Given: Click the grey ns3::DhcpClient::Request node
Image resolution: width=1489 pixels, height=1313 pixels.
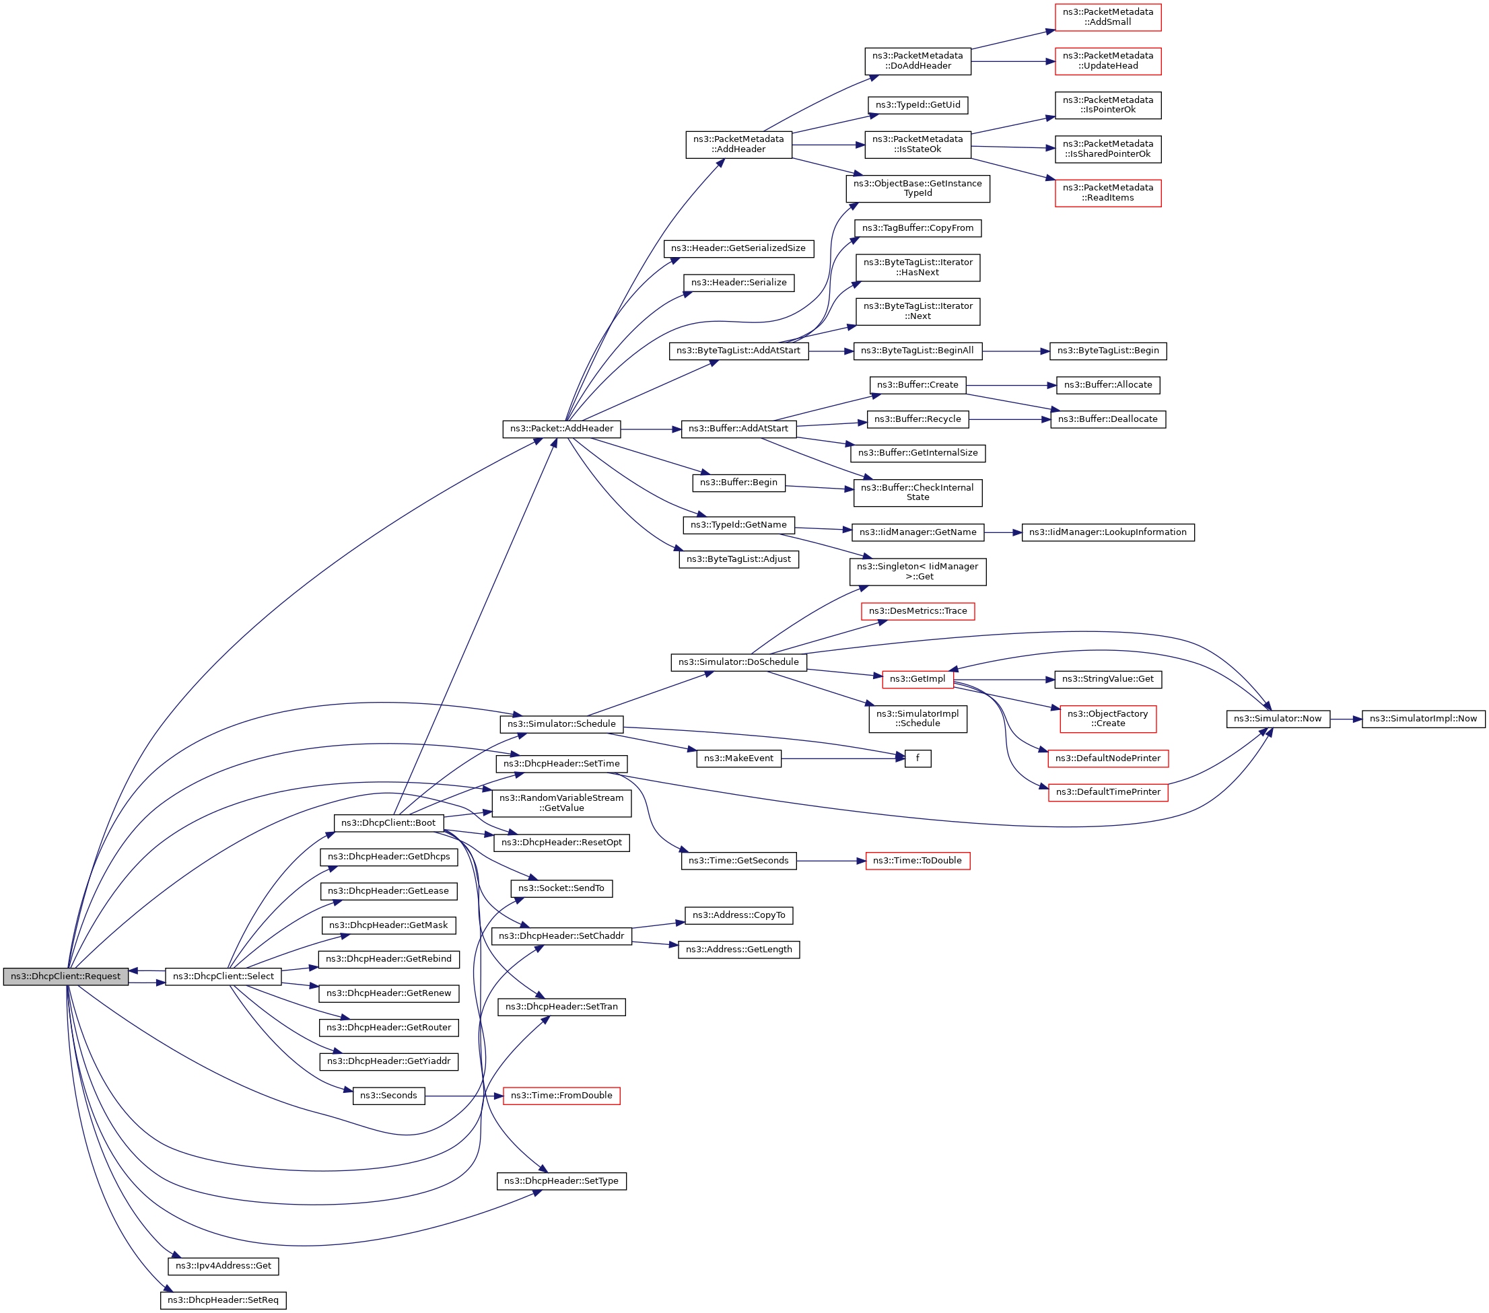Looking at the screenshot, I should [65, 977].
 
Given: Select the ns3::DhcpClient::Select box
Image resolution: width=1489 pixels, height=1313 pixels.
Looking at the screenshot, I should [223, 977].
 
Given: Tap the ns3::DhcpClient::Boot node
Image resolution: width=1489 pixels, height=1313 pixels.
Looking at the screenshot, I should [388, 823].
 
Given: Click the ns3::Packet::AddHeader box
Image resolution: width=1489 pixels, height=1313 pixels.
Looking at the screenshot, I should [561, 429].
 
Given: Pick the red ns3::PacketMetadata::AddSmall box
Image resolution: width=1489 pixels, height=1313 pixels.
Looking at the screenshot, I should [1107, 17].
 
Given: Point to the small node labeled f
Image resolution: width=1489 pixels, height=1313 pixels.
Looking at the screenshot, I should [917, 759].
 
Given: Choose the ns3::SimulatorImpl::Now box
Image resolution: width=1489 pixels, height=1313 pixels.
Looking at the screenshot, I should [1423, 719].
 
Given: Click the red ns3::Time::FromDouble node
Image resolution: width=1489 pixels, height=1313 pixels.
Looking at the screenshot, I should [561, 1096].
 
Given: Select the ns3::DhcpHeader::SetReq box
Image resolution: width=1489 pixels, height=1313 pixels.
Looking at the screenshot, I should [223, 1301].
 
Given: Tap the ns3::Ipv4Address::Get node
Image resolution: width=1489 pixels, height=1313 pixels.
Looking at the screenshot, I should [223, 1267].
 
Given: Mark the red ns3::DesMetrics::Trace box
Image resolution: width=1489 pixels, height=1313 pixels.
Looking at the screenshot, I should [917, 612].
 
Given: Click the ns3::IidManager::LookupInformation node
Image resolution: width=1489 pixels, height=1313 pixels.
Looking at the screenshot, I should [1107, 532].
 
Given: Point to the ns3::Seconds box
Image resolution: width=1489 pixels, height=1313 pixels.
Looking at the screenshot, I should [388, 1096].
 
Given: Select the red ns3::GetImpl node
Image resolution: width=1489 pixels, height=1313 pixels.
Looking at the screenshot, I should [917, 680].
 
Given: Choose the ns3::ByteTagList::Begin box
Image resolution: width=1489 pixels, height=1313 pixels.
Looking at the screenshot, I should [1107, 351].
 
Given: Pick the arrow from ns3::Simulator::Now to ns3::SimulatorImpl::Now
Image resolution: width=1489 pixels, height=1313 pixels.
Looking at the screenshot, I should [1346, 719].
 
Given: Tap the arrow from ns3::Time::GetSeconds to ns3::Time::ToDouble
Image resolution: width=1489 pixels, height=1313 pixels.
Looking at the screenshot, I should [831, 861].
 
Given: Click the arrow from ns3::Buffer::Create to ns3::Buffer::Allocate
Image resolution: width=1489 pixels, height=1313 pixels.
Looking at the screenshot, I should [1011, 385].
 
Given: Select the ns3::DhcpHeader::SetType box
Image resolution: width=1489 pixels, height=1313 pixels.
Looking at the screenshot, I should [561, 1181].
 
